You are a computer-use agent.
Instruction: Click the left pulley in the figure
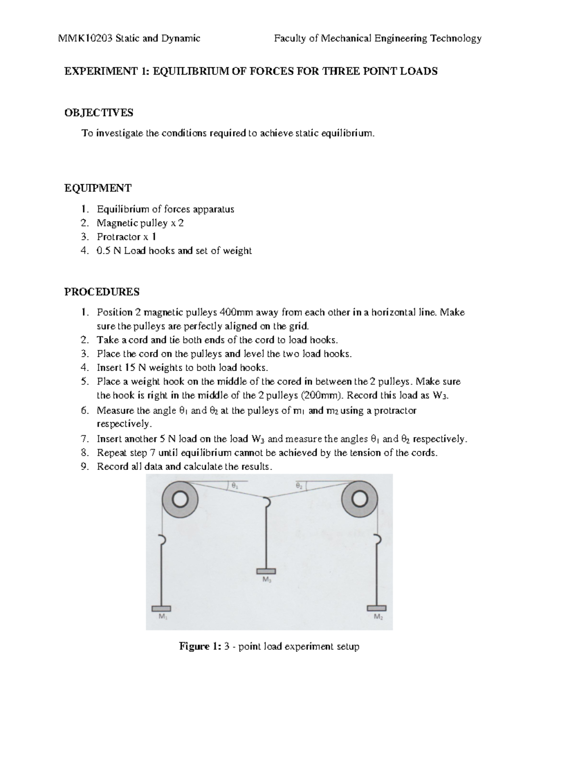(180, 499)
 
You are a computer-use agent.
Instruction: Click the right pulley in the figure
(359, 499)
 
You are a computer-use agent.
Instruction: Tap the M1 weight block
(161, 609)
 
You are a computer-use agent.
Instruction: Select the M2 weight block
(376, 608)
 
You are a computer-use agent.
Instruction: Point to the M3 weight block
(266, 571)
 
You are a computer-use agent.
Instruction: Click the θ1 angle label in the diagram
(235, 486)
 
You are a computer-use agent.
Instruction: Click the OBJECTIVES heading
(98, 113)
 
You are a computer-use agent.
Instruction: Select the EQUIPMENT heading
(98, 188)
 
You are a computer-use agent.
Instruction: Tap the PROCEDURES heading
(102, 292)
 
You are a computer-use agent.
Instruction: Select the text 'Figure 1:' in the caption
(200, 646)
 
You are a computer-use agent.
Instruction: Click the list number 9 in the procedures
(85, 466)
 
